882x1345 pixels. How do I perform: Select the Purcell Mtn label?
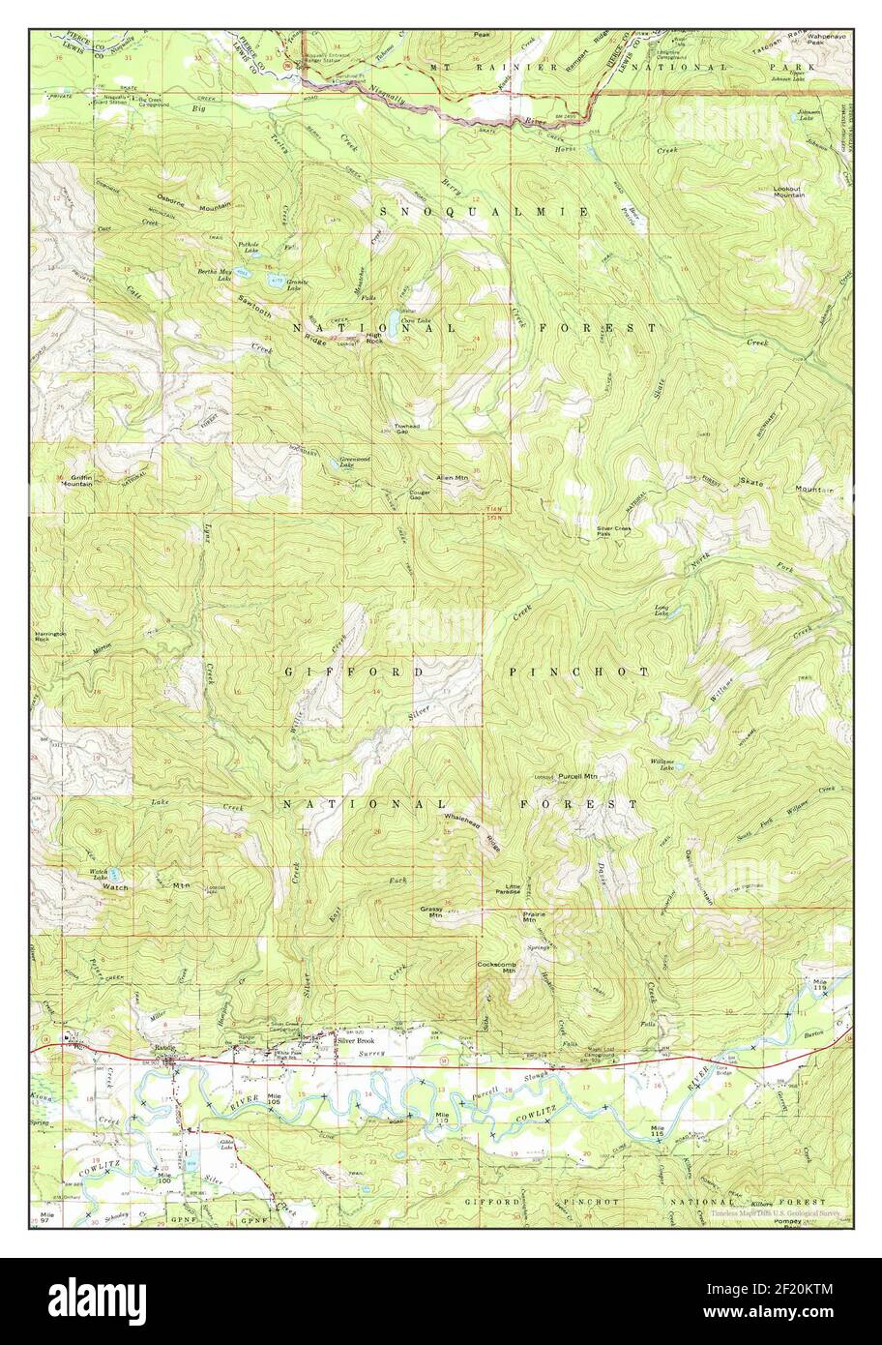tap(577, 776)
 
